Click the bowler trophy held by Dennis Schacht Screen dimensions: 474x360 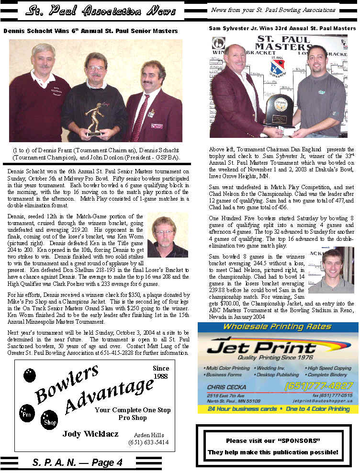94,117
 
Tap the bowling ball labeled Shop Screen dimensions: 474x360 49,419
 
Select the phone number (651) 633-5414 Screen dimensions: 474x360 148,442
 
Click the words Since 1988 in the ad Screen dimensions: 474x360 161,372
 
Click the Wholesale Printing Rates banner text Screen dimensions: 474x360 277,327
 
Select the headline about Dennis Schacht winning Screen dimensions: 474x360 90,31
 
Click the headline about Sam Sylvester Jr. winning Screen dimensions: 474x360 282,29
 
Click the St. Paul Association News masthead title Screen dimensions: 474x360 101,11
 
